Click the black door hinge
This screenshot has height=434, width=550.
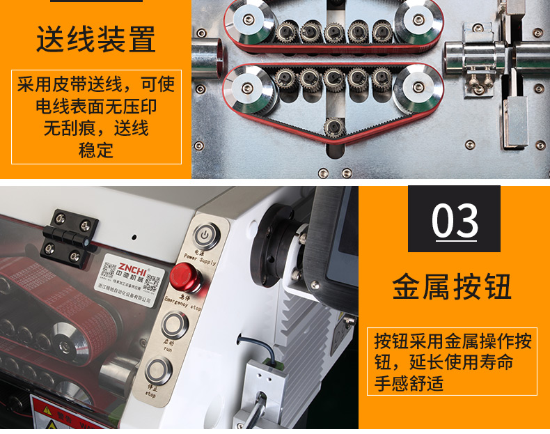click(72, 235)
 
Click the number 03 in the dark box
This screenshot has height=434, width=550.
click(455, 222)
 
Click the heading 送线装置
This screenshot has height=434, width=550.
click(96, 40)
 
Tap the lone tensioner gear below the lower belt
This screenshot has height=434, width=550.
click(335, 126)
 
